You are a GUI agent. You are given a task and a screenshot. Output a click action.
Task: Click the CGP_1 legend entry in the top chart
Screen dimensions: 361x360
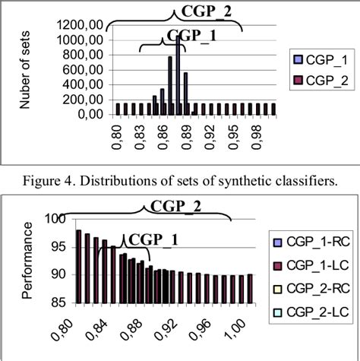[x=320, y=59]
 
